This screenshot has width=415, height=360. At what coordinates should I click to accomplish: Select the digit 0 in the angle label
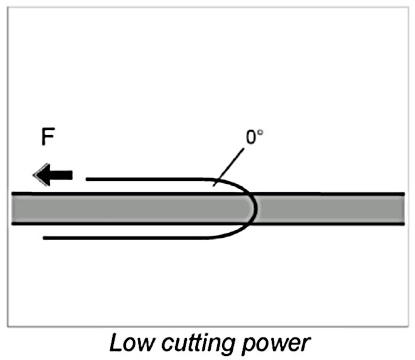click(251, 137)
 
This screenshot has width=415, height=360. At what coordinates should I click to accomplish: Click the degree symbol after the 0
click(260, 132)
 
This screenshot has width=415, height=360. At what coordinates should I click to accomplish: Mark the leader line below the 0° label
click(230, 163)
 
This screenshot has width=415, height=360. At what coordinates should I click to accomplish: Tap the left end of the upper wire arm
click(88, 179)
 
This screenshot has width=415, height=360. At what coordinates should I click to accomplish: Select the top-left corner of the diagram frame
click(7, 7)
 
